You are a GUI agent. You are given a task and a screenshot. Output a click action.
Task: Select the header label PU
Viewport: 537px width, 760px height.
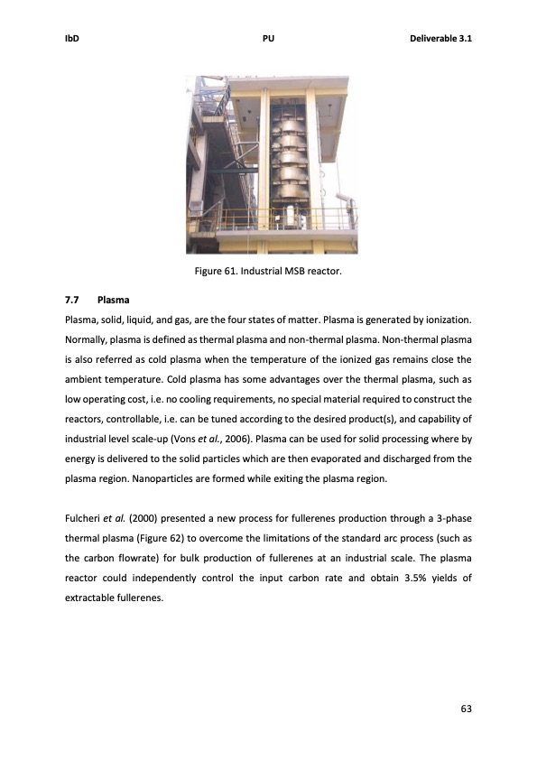(x=268, y=39)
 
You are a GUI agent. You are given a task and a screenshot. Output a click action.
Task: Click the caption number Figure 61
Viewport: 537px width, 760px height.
(x=217, y=272)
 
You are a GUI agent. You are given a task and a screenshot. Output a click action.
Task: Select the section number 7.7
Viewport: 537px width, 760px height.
(x=72, y=298)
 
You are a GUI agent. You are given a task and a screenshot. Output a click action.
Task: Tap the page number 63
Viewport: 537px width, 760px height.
(x=466, y=709)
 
